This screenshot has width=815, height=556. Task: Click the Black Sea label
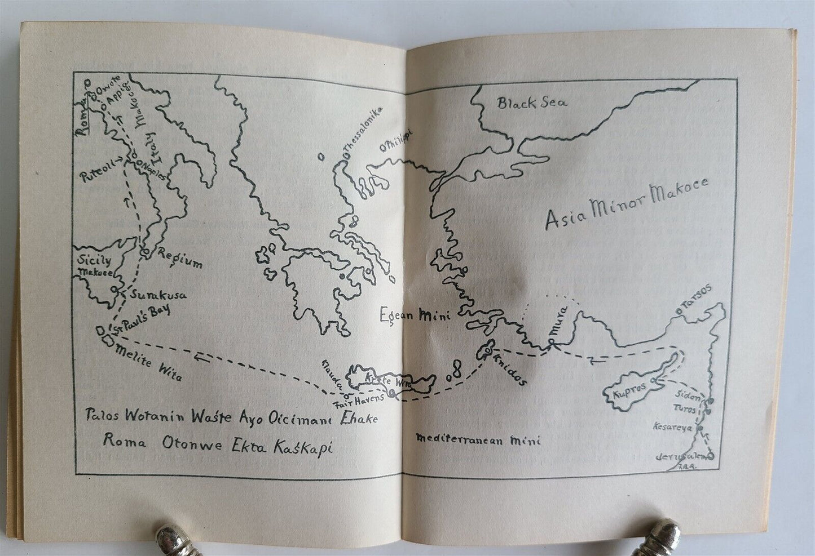tap(532, 103)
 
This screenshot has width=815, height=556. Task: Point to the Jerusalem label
tap(682, 455)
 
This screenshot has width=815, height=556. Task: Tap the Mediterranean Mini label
tap(477, 439)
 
